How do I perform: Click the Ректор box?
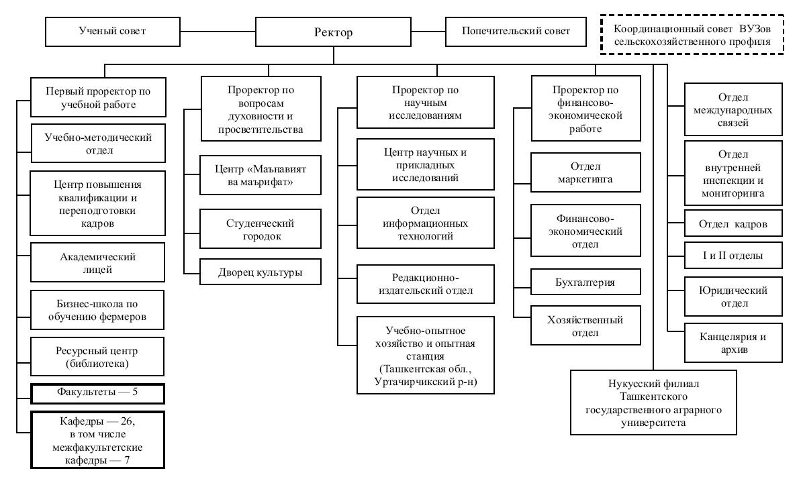pos(333,32)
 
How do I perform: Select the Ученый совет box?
pos(112,32)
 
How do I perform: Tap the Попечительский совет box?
pos(516,32)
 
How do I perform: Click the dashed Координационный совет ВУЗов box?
pos(692,35)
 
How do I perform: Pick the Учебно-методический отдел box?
pos(98,144)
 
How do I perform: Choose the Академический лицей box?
pos(97,262)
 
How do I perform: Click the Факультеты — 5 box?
pos(97,394)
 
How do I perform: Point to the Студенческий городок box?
pos(261,229)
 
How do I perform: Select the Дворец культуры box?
pos(261,272)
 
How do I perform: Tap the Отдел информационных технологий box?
pos(426,223)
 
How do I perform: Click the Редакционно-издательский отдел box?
pos(426,284)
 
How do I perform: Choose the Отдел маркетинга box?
pos(585,172)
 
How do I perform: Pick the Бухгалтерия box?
pos(585,282)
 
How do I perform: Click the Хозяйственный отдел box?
pos(585,326)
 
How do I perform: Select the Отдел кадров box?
pos(733,223)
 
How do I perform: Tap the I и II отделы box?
pos(733,256)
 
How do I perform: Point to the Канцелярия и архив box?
pos(733,343)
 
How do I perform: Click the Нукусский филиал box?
pos(653,402)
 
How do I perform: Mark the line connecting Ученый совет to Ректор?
pos(218,32)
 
